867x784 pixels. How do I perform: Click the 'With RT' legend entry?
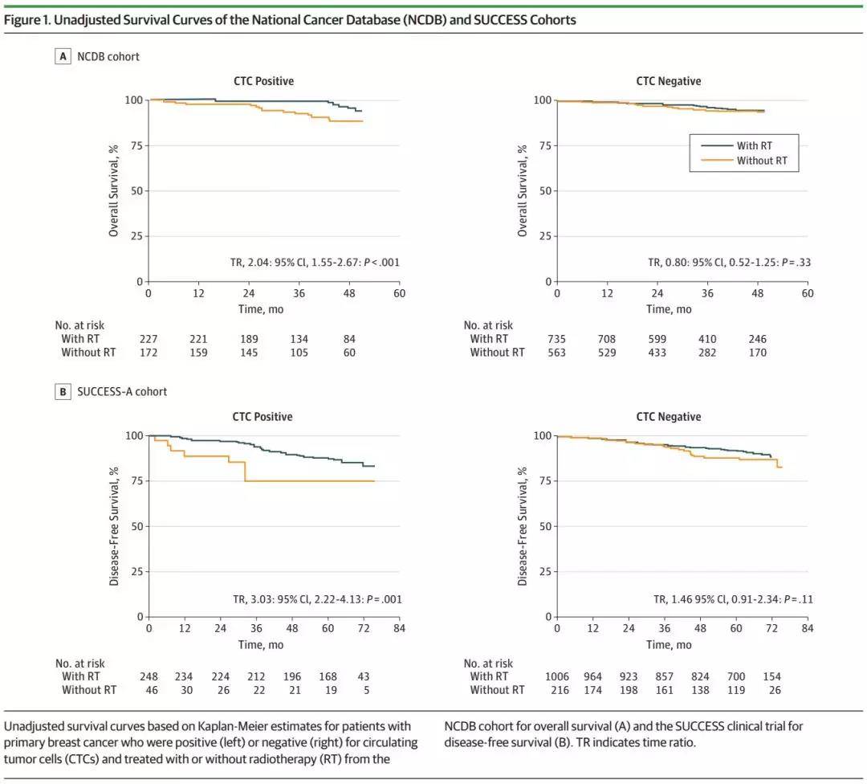pyautogui.click(x=755, y=146)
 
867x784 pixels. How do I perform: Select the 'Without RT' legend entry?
pyautogui.click(x=761, y=161)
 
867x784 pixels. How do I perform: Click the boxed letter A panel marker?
pyautogui.click(x=63, y=56)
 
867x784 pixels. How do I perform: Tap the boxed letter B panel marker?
pyautogui.click(x=63, y=392)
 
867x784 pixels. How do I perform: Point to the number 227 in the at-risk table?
pyautogui.click(x=149, y=339)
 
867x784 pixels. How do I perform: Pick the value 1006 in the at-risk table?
pyautogui.click(x=557, y=676)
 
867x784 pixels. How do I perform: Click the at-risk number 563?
pyautogui.click(x=557, y=353)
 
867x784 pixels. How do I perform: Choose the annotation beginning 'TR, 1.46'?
pyautogui.click(x=673, y=598)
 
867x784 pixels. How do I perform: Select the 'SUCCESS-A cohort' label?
pyautogui.click(x=122, y=392)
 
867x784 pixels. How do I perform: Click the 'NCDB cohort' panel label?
pyautogui.click(x=108, y=56)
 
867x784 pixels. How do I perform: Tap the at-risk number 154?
pyautogui.click(x=771, y=676)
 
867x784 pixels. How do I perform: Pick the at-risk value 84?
pyautogui.click(x=349, y=339)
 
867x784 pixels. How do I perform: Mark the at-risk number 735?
pyautogui.click(x=557, y=339)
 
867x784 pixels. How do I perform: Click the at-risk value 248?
pyautogui.click(x=149, y=676)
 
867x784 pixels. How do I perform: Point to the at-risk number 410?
pyautogui.click(x=707, y=339)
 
